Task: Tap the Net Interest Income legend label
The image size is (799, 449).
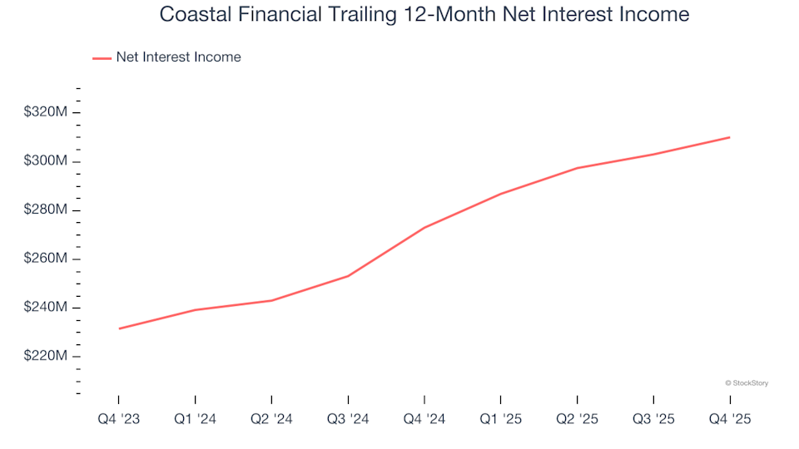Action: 178,57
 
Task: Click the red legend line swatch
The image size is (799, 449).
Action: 102,58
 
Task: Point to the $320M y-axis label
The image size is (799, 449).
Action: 46,111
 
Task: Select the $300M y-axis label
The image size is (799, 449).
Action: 46,160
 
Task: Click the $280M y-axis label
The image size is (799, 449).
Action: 46,210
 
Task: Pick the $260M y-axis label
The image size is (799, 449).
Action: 46,259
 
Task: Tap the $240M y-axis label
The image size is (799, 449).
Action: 46,308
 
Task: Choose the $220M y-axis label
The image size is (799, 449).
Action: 46,356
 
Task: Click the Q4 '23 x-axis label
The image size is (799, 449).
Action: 118,419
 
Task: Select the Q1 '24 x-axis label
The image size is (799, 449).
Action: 195,419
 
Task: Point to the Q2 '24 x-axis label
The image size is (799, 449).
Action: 271,419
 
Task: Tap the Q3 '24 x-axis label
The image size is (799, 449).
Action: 348,419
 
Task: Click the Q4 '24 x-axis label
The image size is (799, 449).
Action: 424,419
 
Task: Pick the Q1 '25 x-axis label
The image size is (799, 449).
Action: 501,419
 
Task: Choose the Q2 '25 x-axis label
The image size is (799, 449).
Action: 577,419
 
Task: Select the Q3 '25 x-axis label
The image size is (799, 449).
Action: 653,419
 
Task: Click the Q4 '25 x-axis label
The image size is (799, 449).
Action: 730,419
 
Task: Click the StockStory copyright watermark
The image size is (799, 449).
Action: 747,383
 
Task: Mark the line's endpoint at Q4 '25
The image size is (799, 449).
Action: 730,137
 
